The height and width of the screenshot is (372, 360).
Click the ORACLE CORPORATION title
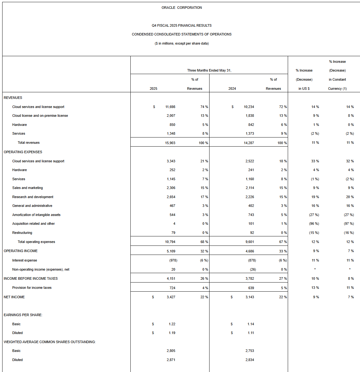pos(182,8)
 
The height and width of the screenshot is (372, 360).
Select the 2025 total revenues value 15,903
pos(170,143)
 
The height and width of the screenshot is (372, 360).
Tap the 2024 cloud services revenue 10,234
pos(249,107)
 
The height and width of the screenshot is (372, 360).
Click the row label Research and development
pos(33,197)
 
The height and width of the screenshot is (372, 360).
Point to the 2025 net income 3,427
pos(171,297)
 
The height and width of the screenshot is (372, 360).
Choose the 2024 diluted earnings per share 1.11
pos(251,333)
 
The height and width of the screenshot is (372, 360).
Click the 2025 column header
pos(153,89)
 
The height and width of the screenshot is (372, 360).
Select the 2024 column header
pos(232,89)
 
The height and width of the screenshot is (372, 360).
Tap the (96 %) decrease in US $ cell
pos(314,224)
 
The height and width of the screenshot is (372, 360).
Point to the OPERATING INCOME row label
pos(21,251)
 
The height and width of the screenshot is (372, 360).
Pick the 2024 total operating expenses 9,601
pos(250,242)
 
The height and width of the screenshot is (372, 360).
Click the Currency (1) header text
pos(337,89)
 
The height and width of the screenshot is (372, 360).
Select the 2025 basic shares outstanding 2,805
pos(171,351)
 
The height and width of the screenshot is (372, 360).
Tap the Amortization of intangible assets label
pos(36,215)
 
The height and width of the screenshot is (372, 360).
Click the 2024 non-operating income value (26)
pos(253,269)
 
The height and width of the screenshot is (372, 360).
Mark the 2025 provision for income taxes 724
pos(172,288)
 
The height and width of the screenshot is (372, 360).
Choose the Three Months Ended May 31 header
pos(209,70)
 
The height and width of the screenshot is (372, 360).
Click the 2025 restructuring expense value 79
pos(173,233)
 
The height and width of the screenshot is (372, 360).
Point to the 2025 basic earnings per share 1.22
pos(172,324)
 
